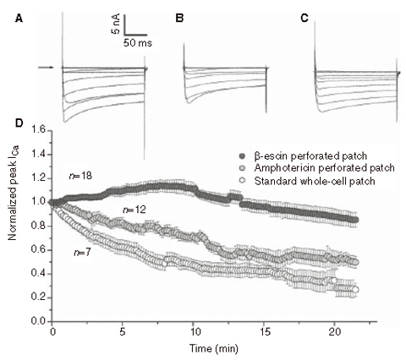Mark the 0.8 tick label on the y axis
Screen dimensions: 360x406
click(36, 226)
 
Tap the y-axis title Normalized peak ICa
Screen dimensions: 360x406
click(14, 226)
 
